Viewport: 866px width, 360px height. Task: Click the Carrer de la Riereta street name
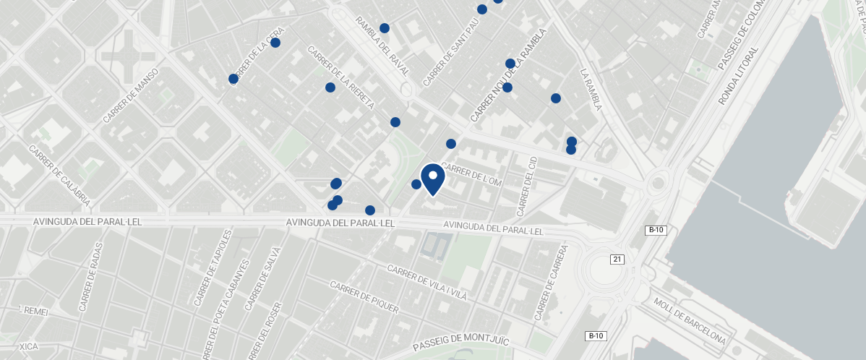(340, 78)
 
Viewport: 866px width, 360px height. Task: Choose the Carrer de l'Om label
(471, 177)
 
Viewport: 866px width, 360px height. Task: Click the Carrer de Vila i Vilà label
(427, 283)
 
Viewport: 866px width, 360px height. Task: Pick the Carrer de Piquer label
(364, 297)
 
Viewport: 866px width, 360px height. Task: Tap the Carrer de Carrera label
(552, 282)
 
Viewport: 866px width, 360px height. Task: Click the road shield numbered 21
(617, 260)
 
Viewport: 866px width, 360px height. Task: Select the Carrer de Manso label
(131, 99)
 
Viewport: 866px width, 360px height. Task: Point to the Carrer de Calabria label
(59, 174)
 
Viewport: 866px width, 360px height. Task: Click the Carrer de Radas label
(91, 277)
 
